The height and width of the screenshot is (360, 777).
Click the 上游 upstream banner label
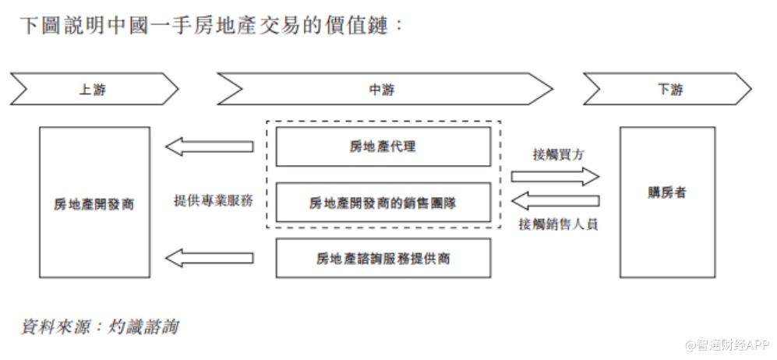pos(92,90)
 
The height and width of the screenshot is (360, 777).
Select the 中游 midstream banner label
pos(382,90)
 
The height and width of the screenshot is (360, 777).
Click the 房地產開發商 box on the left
pos(94,203)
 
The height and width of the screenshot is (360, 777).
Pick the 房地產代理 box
pos(383,146)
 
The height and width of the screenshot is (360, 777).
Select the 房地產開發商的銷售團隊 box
pos(383,203)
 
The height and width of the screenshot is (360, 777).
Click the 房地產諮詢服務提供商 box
pos(383,258)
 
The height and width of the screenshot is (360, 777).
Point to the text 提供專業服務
pos(213,199)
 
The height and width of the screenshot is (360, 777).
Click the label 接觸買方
pos(559,154)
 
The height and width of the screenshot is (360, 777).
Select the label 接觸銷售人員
pos(558,224)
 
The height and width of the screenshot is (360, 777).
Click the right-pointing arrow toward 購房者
pos(555,175)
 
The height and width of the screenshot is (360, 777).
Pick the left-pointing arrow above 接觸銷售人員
pos(555,202)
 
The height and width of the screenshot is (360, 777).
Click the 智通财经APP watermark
pos(726,344)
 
